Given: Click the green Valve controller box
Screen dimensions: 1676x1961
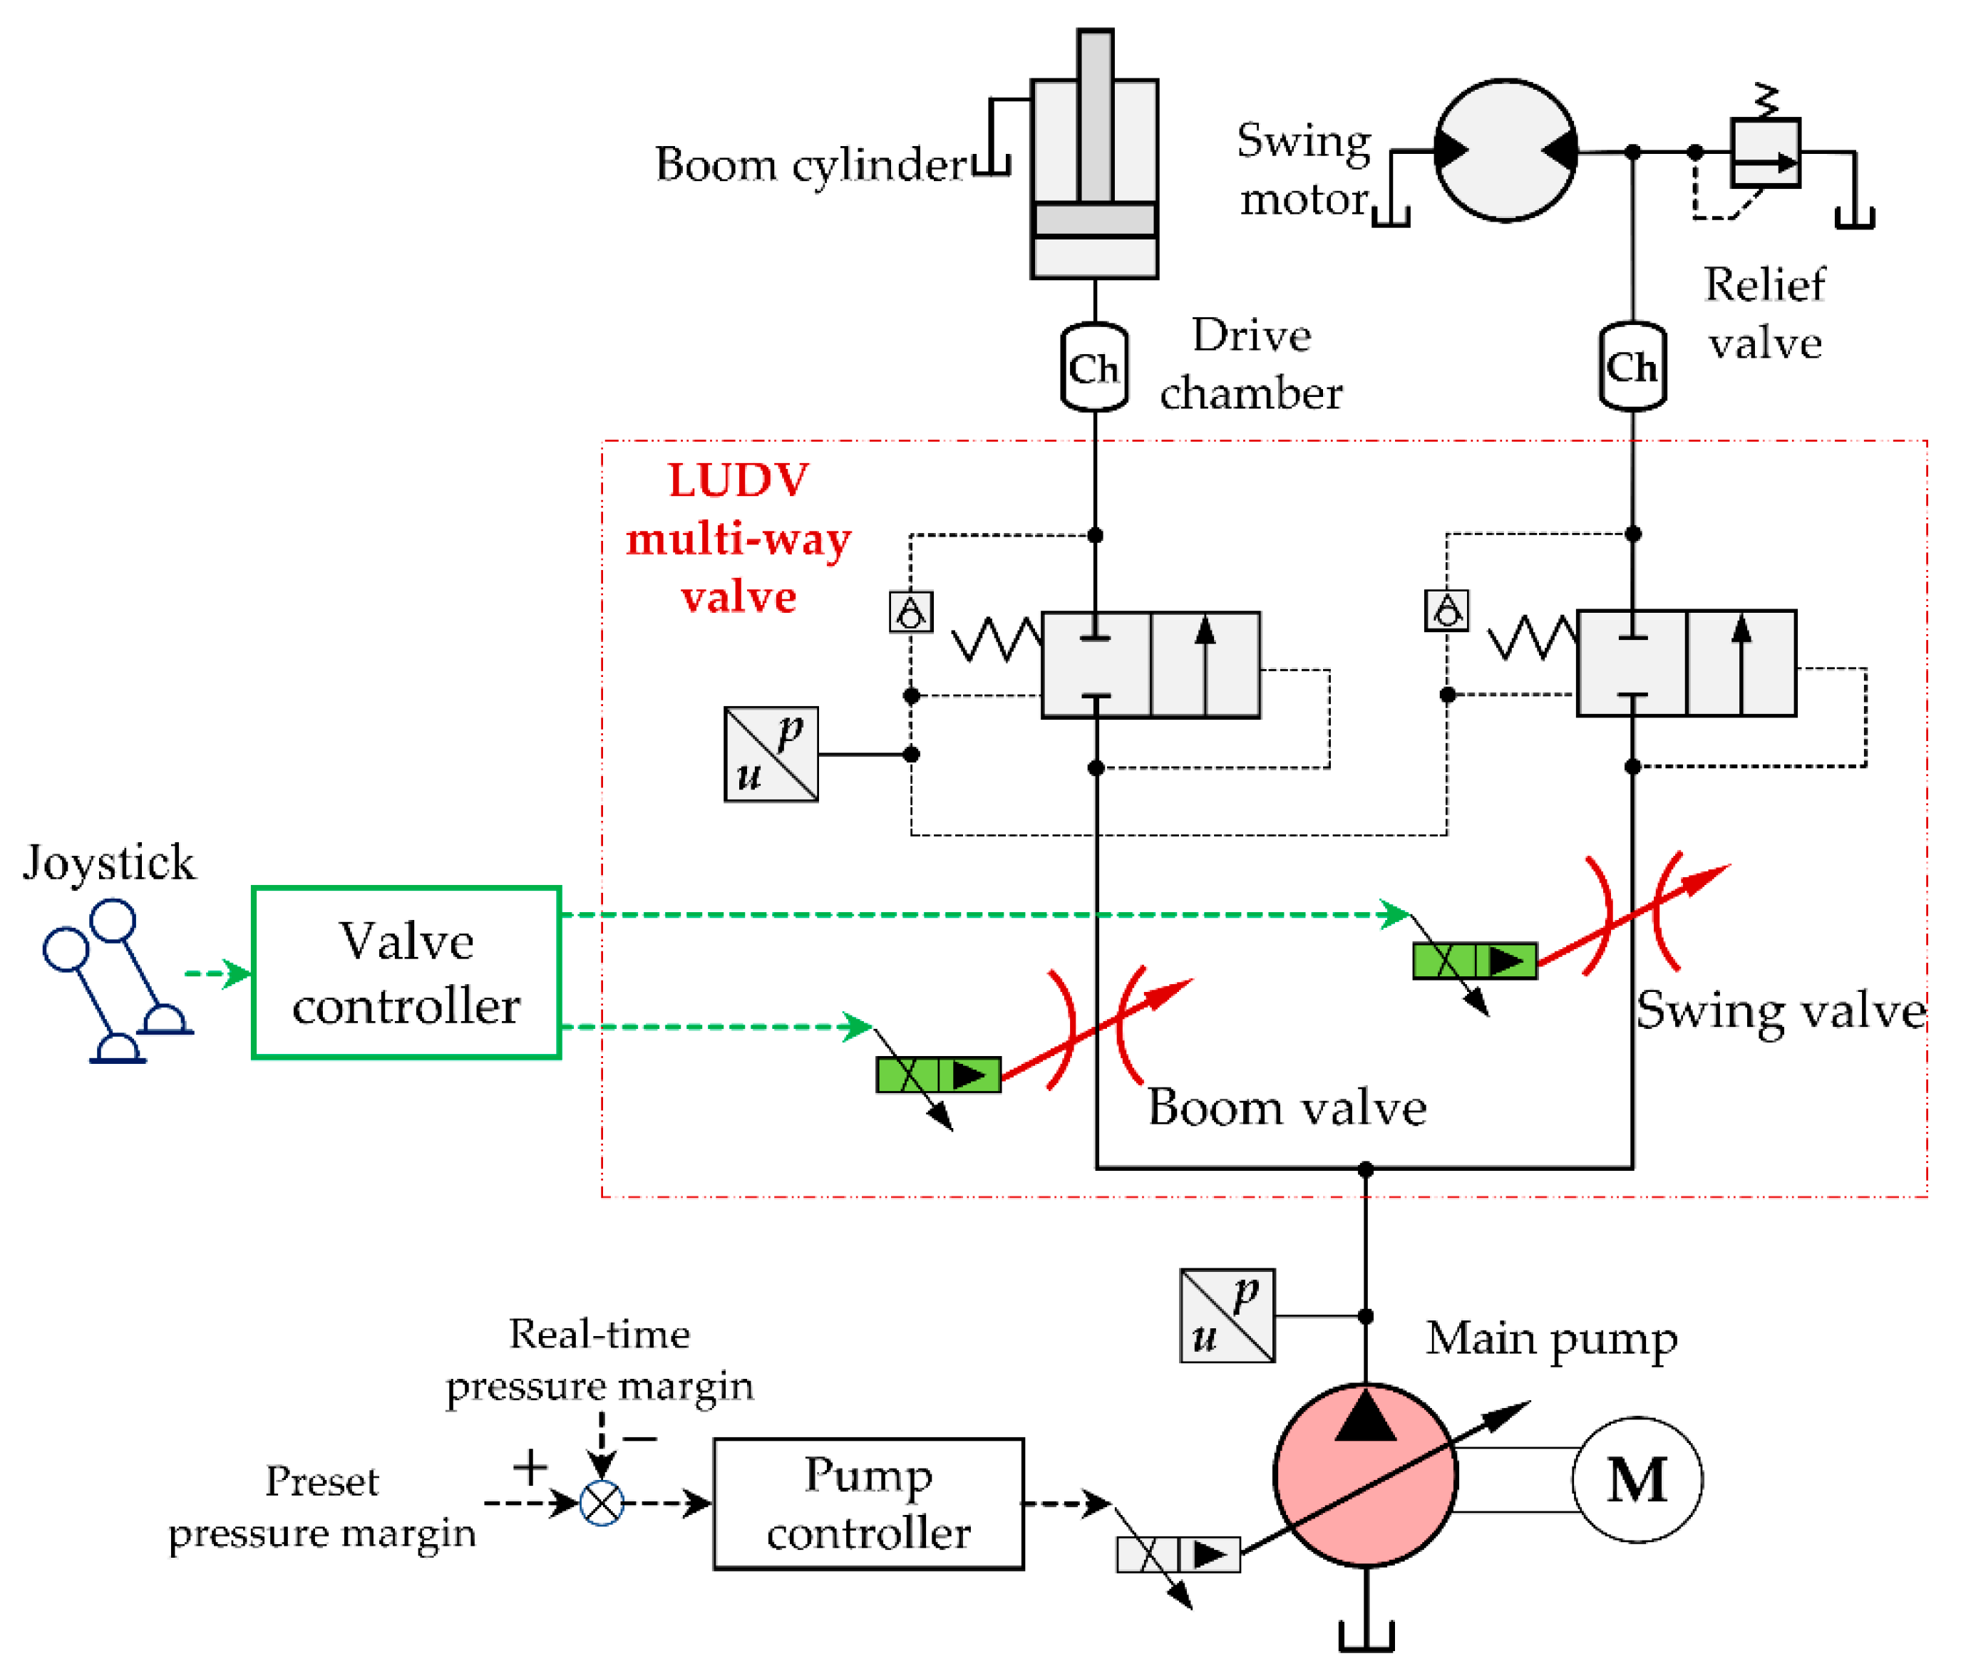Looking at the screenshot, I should point(406,972).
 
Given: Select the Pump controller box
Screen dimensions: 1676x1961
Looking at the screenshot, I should point(868,1504).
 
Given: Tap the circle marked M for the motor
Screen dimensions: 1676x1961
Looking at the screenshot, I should point(1637,1479).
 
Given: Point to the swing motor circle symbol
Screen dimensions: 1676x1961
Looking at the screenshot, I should point(1505,150).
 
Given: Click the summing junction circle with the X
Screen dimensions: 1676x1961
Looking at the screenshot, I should point(601,1503).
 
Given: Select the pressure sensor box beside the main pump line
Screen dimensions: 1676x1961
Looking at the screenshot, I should point(1227,1315).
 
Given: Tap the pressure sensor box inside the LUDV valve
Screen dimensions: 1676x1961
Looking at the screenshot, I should point(771,754).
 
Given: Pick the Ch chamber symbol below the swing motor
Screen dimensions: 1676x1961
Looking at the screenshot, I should point(1632,366).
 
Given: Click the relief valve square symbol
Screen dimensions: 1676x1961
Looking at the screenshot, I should point(1764,152).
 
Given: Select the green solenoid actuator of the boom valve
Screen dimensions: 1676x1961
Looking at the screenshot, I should point(938,1075).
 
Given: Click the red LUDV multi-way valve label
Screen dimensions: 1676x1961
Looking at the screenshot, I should point(738,539).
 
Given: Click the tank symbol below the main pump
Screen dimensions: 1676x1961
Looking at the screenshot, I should point(1366,1638).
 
